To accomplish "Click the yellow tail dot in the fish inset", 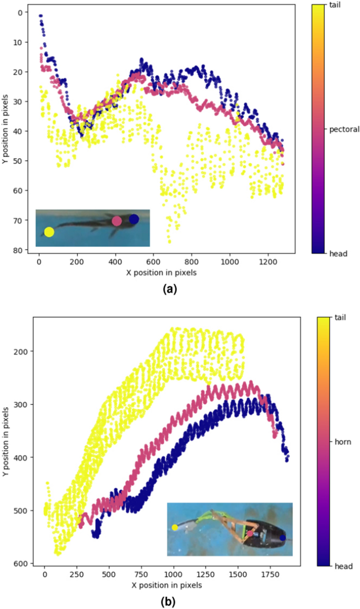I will pos(49,232).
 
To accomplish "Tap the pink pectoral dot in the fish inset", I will pos(117,221).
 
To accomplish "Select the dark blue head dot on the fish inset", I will pos(134,219).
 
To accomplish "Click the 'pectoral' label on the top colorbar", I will pos(344,129).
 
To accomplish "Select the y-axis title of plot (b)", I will pos(6,441).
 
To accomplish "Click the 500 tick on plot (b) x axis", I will pos(109,574).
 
